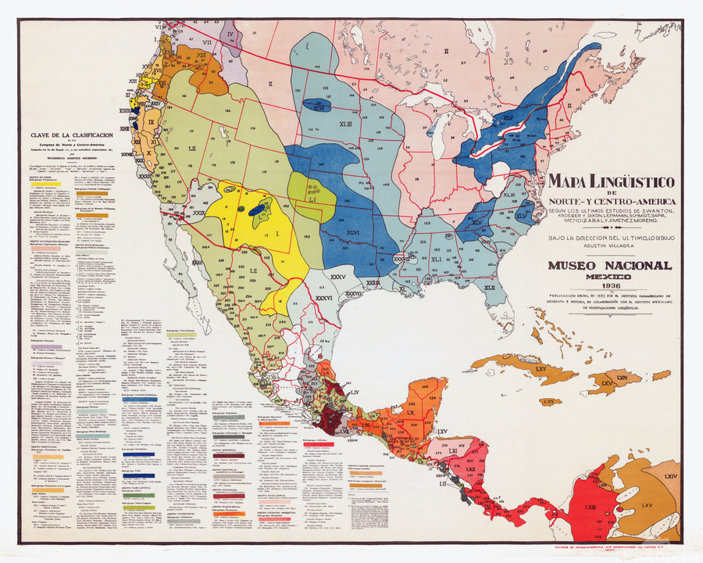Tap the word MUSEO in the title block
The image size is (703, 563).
pos(576,266)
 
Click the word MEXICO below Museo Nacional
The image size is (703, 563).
pos(609,277)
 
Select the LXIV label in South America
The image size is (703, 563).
pos(670,475)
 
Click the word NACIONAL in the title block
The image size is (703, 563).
pos(635,266)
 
